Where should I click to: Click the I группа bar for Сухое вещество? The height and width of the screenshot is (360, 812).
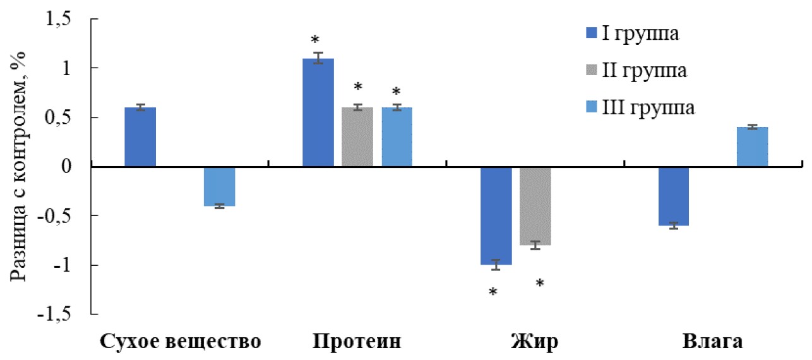pyautogui.click(x=140, y=137)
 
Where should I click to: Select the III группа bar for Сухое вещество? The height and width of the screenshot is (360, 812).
pyautogui.click(x=219, y=186)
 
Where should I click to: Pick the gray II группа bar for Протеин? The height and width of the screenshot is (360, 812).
pyautogui.click(x=357, y=137)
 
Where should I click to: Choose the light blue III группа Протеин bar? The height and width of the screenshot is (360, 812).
pyautogui.click(x=397, y=137)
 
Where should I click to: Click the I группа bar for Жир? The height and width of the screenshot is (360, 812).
pyautogui.click(x=496, y=215)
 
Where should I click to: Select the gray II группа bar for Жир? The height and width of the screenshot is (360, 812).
pyautogui.click(x=535, y=206)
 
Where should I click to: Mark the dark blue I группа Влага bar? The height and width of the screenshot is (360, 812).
pyautogui.click(x=674, y=196)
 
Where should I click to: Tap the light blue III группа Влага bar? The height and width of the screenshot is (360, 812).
pyautogui.click(x=753, y=147)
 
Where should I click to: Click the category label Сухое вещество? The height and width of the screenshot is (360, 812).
pyautogui.click(x=181, y=342)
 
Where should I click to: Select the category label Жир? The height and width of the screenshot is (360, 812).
pyautogui.click(x=534, y=342)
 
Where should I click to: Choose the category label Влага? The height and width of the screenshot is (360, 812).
pyautogui.click(x=713, y=342)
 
